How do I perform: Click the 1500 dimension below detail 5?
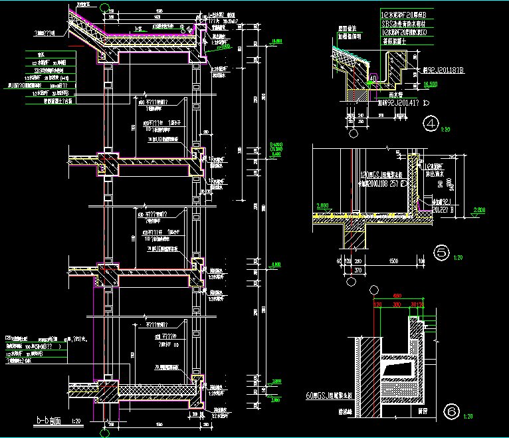[393, 261]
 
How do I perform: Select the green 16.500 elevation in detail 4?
[429, 84]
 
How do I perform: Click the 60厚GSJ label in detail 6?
[324, 396]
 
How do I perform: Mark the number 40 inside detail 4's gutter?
[373, 78]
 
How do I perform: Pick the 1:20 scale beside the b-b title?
[76, 421]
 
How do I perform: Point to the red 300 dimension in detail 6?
[397, 305]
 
